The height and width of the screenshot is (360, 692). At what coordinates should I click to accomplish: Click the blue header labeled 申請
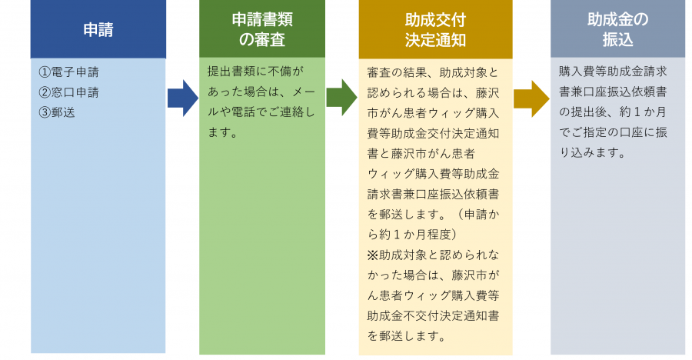tap(98, 29)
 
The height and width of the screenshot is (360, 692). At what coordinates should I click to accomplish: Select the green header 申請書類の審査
tap(261, 29)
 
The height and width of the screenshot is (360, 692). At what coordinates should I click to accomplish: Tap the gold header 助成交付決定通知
tap(435, 29)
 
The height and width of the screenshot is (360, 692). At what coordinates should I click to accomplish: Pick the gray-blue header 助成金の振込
tap(617, 29)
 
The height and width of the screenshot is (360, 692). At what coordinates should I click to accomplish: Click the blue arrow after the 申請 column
tap(182, 98)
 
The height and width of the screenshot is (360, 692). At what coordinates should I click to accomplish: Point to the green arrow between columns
tap(341, 98)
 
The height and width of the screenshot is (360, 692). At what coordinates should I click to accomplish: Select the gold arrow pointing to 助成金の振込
tap(531, 98)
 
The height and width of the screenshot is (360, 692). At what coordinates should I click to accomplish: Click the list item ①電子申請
tap(68, 72)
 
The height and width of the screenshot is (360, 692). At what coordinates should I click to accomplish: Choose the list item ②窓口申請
tap(68, 92)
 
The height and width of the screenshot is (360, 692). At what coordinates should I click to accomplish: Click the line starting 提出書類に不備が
tap(256, 72)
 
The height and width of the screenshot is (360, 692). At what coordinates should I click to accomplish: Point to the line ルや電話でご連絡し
tap(261, 112)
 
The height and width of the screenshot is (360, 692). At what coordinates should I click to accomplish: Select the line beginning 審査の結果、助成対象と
tap(433, 73)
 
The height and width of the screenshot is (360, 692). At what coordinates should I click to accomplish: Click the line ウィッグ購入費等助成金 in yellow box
tap(433, 174)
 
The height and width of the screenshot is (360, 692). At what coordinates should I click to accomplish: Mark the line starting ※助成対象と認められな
tap(433, 254)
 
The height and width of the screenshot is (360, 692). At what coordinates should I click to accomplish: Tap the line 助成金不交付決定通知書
tap(433, 315)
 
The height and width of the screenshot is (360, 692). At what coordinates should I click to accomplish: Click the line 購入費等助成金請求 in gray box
tap(612, 72)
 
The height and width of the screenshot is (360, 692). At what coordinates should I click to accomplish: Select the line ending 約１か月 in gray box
tap(612, 112)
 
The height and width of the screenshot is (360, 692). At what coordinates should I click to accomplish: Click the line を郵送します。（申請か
tap(433, 214)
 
